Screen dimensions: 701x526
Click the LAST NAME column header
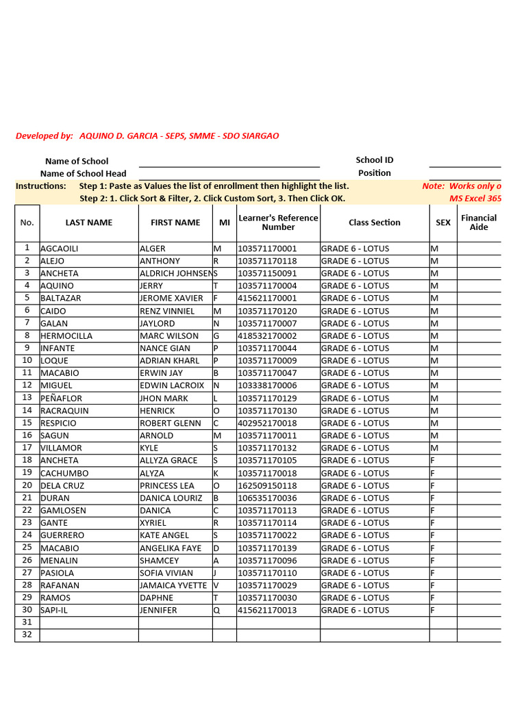(x=88, y=222)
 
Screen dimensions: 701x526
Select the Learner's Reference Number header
(x=278, y=222)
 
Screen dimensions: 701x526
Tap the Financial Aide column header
(x=479, y=222)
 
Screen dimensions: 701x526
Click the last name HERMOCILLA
(x=66, y=336)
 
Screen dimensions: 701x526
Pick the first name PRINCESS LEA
(x=167, y=486)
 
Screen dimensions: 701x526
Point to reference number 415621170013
(x=267, y=611)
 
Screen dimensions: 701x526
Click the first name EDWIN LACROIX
(x=172, y=386)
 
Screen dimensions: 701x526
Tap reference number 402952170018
(x=267, y=424)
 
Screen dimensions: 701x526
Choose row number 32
(x=27, y=635)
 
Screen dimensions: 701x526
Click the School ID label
(x=375, y=160)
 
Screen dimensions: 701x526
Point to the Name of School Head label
(x=83, y=174)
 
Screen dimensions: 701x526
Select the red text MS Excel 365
(x=475, y=199)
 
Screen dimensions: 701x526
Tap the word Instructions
(x=41, y=186)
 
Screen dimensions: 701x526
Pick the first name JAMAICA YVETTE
(x=173, y=585)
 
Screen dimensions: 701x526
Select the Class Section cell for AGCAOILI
(x=355, y=249)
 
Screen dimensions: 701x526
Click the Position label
(x=375, y=173)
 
